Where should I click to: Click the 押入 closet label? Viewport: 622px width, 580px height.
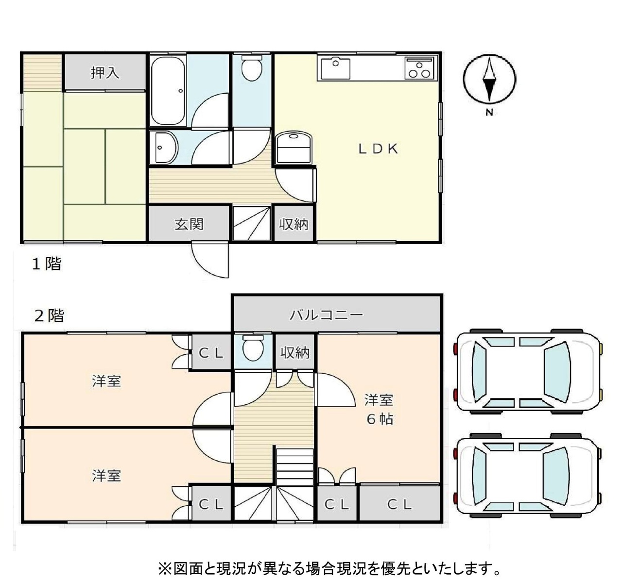tap(105, 73)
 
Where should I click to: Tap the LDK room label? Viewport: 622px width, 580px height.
tap(378, 149)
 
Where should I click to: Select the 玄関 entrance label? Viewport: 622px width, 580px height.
tap(189, 224)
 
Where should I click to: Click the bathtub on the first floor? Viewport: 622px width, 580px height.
tap(168, 91)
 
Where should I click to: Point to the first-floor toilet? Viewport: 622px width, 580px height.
tap(252, 68)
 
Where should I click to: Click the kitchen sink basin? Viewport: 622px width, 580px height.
tap(335, 68)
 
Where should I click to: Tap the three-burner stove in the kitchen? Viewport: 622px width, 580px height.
tap(419, 67)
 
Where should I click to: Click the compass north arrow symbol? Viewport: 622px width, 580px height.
tap(489, 79)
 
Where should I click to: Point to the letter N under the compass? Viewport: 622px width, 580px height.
tap(489, 112)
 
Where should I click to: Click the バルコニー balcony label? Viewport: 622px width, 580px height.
tap(327, 315)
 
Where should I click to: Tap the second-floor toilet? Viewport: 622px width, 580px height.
tap(253, 348)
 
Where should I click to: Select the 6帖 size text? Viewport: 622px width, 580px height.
tap(380, 419)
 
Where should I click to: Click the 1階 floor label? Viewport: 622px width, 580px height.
tap(47, 264)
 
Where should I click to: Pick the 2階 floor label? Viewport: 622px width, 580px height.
tap(49, 315)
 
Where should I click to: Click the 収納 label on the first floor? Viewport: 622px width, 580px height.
tap(294, 224)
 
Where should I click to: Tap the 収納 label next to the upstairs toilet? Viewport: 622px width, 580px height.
tap(295, 353)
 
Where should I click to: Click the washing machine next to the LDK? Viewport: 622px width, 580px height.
tap(294, 148)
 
